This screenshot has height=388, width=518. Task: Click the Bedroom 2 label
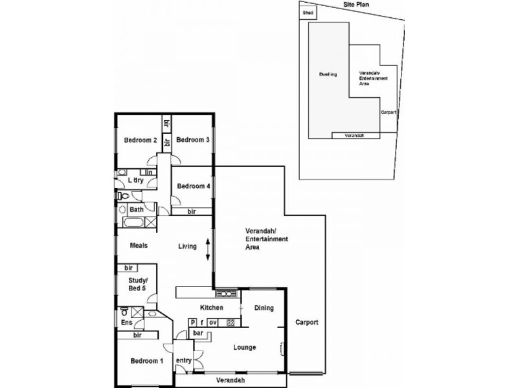click(141, 140)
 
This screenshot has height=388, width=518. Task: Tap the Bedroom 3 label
click(192, 140)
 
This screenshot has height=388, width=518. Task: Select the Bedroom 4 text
click(193, 186)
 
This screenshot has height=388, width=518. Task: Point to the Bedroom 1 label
click(146, 361)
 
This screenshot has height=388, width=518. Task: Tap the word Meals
click(139, 246)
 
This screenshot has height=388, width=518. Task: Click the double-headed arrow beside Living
click(207, 250)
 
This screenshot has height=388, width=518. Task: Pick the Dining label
click(264, 308)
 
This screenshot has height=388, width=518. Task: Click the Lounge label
click(245, 347)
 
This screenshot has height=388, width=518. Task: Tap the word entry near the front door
click(183, 360)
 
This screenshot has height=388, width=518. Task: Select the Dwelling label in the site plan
click(328, 74)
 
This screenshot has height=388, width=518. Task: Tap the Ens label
click(126, 322)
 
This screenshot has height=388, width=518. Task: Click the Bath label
click(137, 210)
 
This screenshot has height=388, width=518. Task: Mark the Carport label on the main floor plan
click(306, 322)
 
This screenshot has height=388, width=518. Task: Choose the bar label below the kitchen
click(198, 333)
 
